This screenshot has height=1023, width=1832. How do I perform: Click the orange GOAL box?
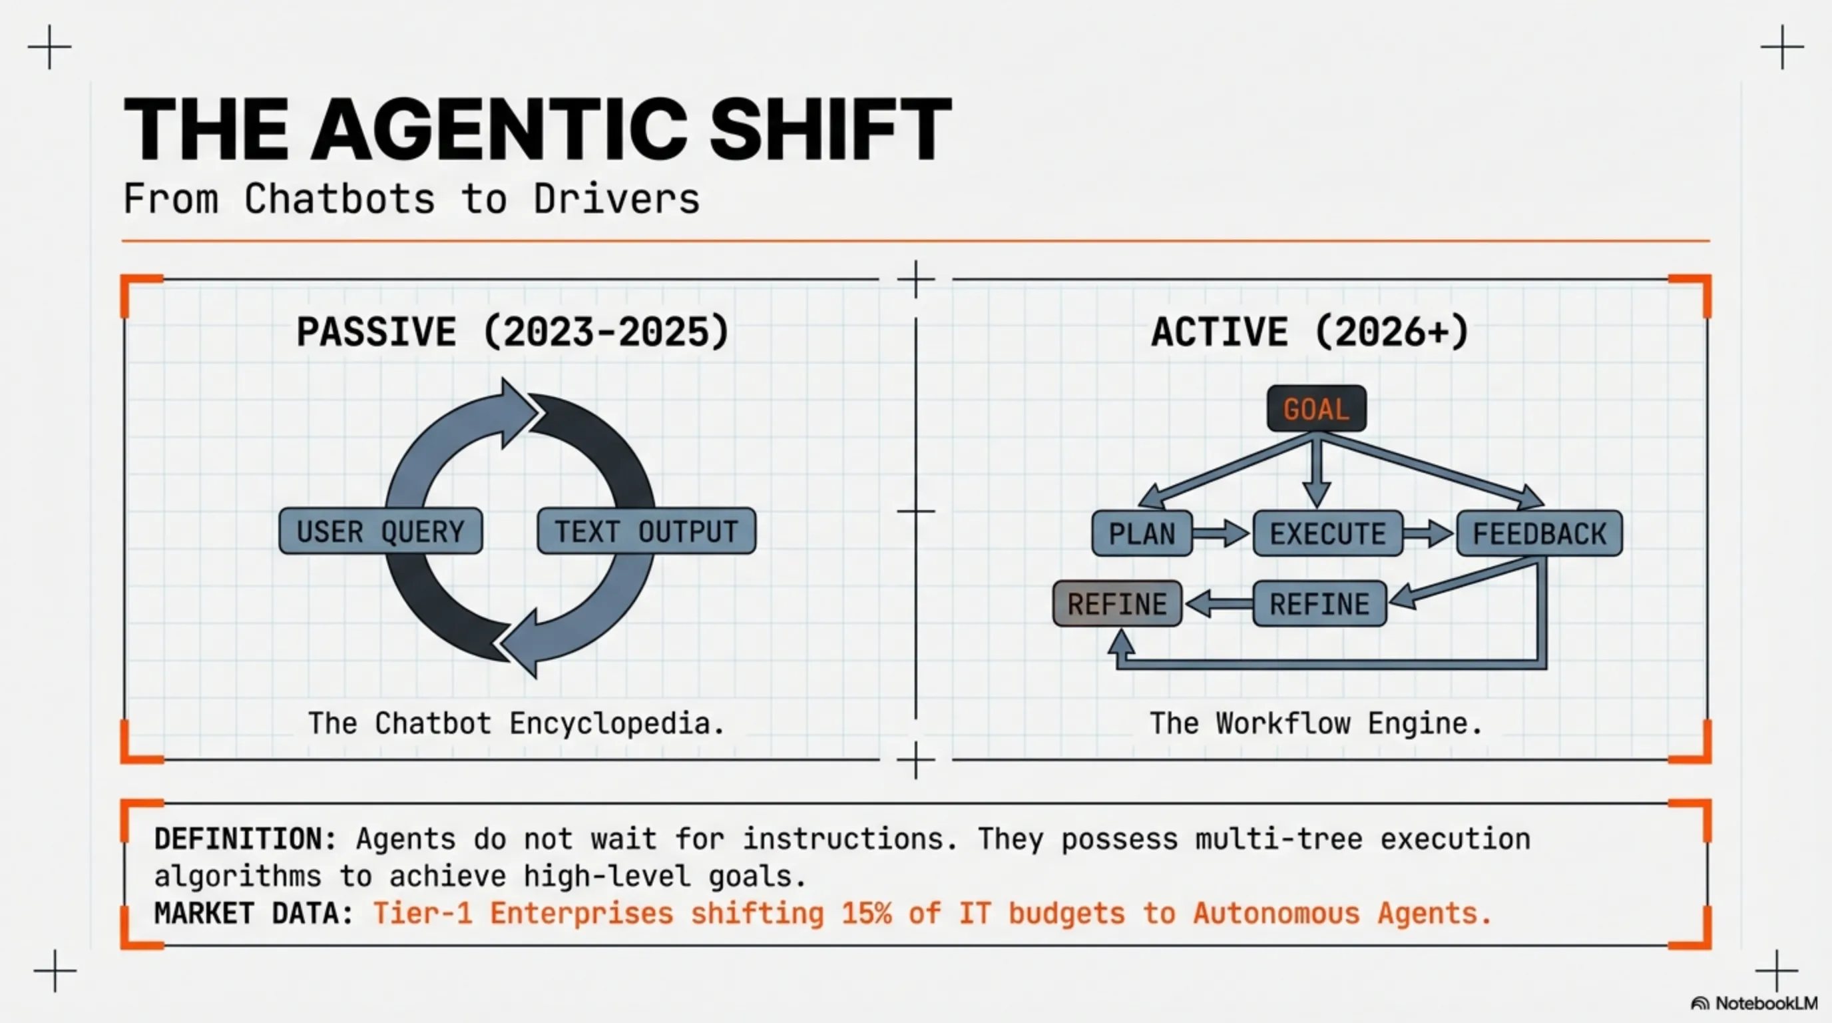coord(1316,409)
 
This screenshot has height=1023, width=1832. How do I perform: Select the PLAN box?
coord(1142,533)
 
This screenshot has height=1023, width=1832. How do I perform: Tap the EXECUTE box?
coord(1327,533)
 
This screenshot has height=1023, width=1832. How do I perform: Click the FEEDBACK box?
coord(1539,533)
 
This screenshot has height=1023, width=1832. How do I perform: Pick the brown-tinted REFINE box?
coord(1116,604)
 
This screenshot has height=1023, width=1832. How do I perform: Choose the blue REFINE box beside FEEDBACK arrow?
coord(1319,604)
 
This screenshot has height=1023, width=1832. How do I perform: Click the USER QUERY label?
coord(381,531)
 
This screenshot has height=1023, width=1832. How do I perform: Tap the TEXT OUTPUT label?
coord(646,531)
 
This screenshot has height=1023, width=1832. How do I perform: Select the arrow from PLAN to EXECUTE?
coord(1221,533)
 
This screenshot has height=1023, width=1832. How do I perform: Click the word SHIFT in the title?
coord(830,130)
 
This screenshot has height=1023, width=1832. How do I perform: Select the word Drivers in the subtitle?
coord(616,199)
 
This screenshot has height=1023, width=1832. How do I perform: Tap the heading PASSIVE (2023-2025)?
coord(513,332)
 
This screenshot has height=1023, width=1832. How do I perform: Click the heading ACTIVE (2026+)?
coord(1310,332)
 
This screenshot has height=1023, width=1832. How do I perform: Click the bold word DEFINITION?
coord(246,839)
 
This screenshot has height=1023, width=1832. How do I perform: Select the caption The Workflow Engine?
coord(1315,723)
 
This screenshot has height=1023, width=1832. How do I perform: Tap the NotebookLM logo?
coord(1753,1004)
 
